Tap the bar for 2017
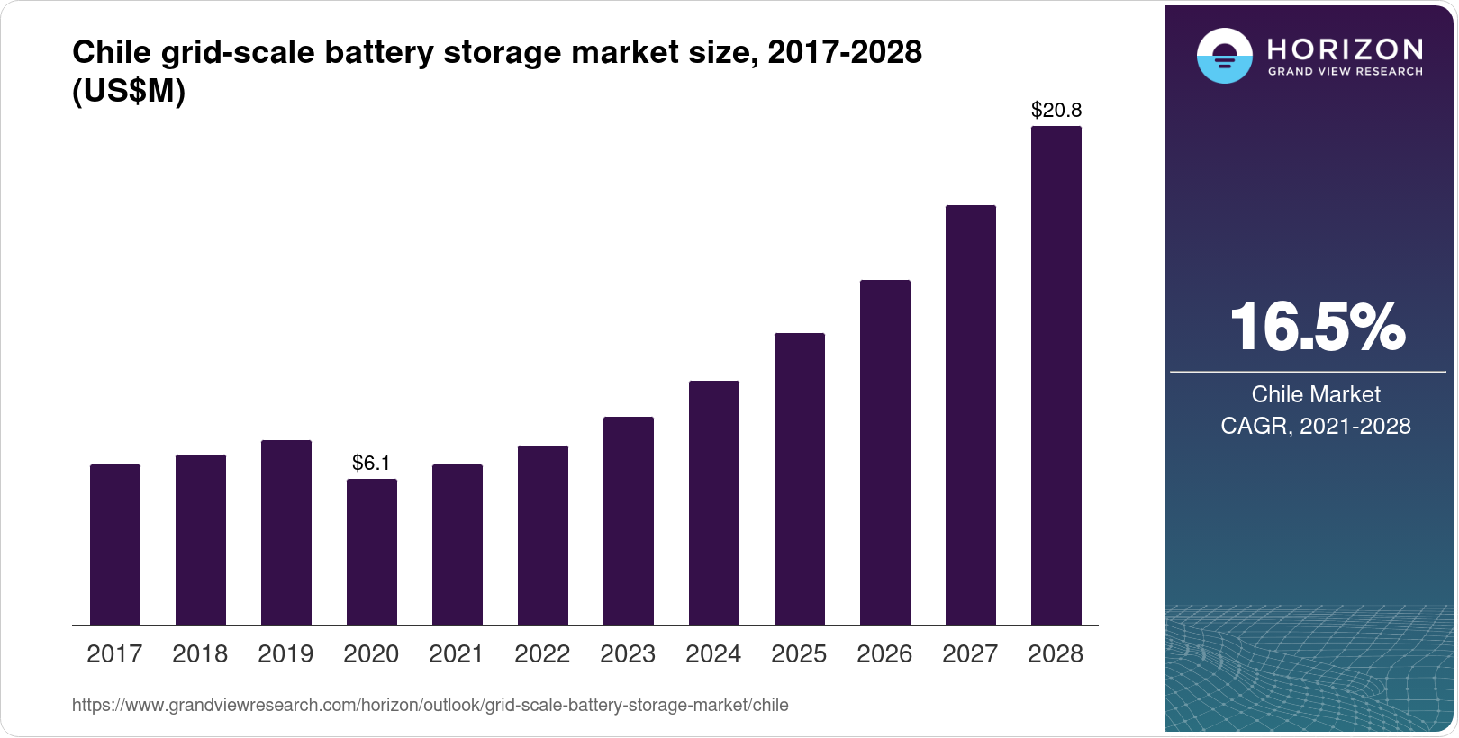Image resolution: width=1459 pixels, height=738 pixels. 115,544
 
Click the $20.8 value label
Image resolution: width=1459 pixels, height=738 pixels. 1056,111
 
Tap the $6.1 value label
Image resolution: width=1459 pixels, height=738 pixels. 371,463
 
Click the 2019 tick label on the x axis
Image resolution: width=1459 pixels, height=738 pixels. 285,654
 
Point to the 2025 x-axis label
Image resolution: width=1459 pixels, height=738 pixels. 799,654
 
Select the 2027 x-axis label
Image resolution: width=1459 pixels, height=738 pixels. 970,654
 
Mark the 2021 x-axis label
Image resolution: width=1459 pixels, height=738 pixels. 457,654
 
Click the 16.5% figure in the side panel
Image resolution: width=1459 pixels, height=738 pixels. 1316,327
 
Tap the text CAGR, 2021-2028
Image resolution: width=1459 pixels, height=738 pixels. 1315,426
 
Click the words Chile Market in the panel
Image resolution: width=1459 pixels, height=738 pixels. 1315,394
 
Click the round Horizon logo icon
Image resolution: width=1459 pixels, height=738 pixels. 1224,56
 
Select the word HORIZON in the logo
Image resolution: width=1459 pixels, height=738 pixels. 1345,49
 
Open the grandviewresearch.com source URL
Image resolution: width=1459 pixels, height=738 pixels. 430,706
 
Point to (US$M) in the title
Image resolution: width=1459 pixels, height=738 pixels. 129,91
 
